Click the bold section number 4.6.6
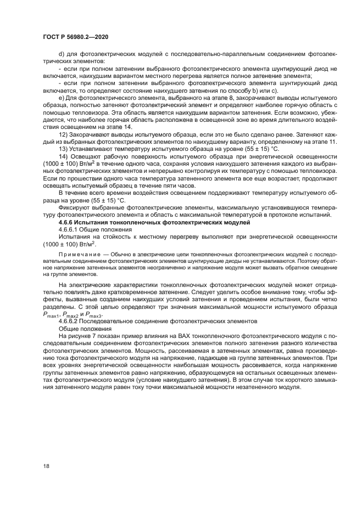68,223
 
